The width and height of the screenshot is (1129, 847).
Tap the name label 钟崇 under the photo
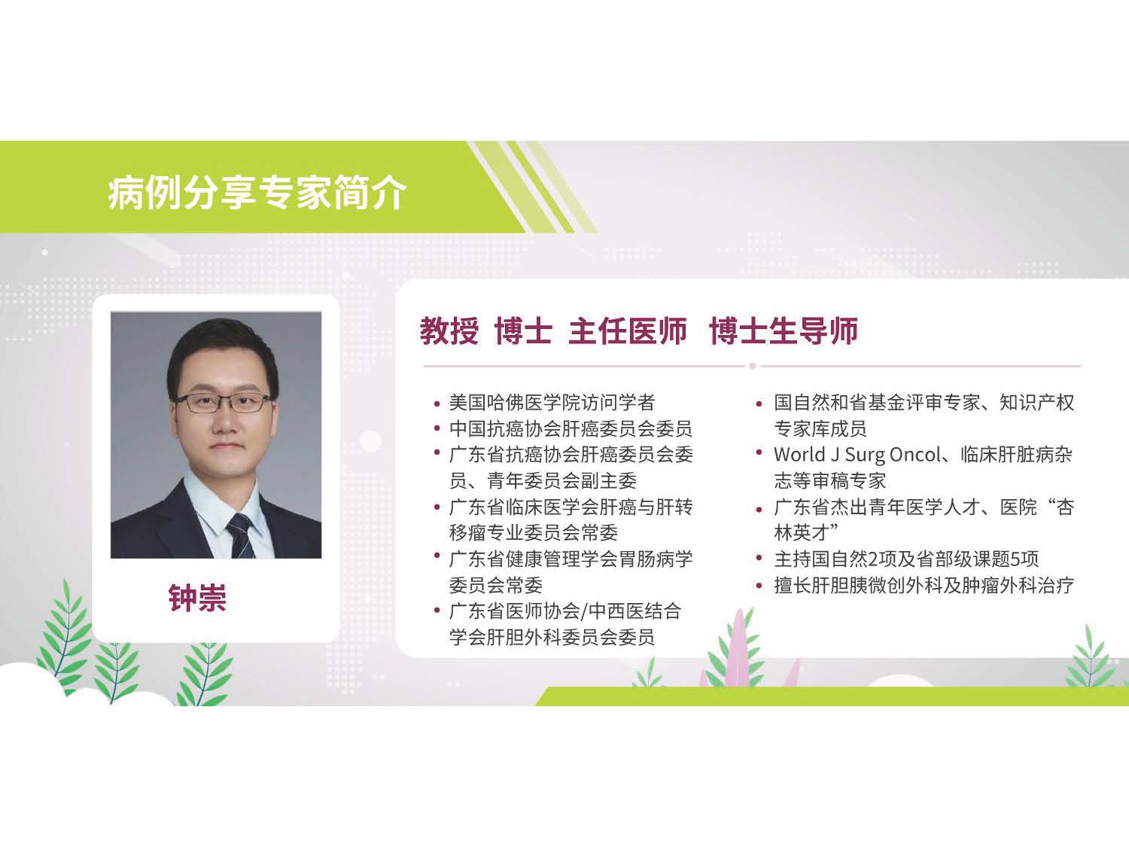(197, 598)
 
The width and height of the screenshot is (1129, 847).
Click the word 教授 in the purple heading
(449, 331)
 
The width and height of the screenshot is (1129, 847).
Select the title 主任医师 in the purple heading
(628, 331)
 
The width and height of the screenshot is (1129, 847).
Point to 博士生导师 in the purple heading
(784, 331)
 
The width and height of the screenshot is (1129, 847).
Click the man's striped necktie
(242, 536)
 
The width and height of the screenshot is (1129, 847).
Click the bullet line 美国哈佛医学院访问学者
(552, 402)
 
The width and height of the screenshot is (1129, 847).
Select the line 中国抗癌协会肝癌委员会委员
(571, 428)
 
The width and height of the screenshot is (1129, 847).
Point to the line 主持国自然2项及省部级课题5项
(906, 559)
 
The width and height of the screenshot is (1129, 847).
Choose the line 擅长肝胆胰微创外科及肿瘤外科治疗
(924, 585)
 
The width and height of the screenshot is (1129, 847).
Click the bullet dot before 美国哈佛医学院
(437, 404)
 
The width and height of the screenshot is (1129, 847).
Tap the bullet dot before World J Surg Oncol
(759, 452)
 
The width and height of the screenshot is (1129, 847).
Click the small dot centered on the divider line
(753, 366)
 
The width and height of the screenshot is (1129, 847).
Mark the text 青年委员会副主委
(562, 481)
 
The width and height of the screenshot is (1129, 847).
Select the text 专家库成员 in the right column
(820, 428)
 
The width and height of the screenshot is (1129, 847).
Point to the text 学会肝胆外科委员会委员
(552, 637)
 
